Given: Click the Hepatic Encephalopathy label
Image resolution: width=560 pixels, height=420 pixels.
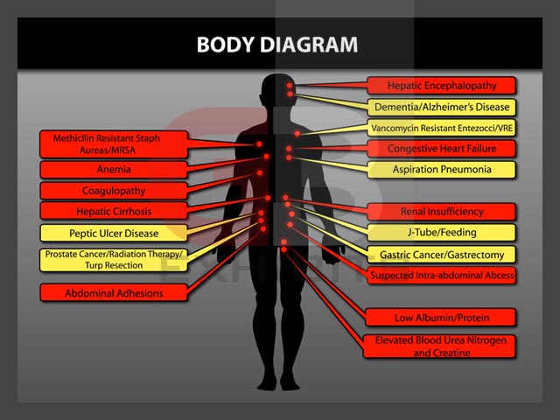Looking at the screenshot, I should (x=442, y=86).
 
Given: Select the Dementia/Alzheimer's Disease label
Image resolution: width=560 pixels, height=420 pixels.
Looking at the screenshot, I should (x=442, y=107).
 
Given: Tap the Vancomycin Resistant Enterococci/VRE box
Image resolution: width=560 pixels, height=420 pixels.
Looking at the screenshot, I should (x=442, y=128).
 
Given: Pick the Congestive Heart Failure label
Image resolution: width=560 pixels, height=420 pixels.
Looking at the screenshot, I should (x=442, y=149).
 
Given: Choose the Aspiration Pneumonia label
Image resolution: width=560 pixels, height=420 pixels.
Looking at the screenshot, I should (x=442, y=170).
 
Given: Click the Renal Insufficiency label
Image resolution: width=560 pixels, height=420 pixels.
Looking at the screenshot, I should (x=442, y=211).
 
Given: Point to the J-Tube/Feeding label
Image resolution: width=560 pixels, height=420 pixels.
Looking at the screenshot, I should (x=442, y=233).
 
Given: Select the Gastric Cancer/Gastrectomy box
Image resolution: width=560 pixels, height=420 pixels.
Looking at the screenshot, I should (x=442, y=255).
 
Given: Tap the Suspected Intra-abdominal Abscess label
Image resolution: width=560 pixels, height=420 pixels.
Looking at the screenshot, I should (x=442, y=276).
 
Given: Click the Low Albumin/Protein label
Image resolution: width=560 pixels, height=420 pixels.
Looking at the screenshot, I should (x=442, y=317).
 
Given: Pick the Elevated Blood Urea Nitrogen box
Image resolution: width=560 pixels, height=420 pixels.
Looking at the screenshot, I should (x=442, y=346).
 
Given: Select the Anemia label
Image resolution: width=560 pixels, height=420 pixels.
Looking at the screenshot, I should (x=114, y=169).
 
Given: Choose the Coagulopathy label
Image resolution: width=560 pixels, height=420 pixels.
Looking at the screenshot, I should (x=114, y=190).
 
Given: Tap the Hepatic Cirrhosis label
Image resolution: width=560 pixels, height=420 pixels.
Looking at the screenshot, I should (x=114, y=211).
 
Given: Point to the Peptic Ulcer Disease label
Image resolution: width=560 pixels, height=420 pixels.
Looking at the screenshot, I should (x=114, y=233).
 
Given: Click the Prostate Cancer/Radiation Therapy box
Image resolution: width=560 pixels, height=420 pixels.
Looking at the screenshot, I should (x=114, y=259).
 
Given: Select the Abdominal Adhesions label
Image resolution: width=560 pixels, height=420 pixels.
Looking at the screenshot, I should (x=114, y=293).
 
